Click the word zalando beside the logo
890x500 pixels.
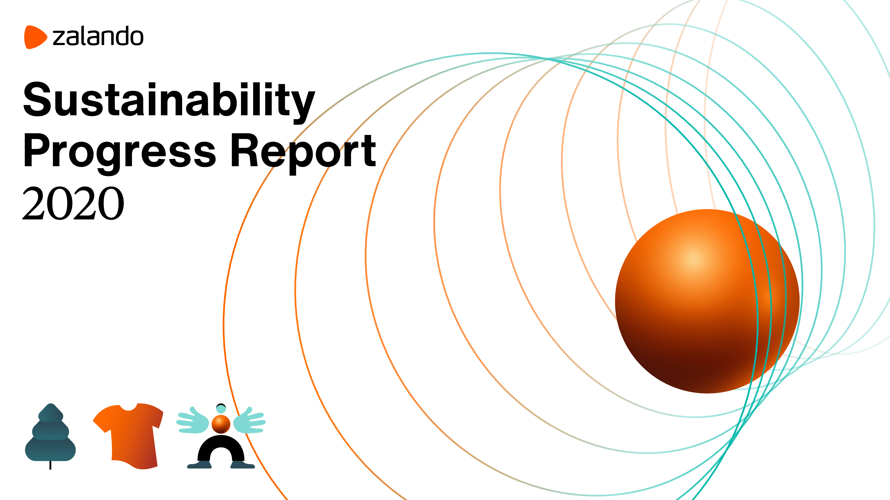[98, 36]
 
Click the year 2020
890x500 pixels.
[73, 203]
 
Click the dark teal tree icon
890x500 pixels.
[50, 433]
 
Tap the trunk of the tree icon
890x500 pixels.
[50, 465]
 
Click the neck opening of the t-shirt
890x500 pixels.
[128, 407]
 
